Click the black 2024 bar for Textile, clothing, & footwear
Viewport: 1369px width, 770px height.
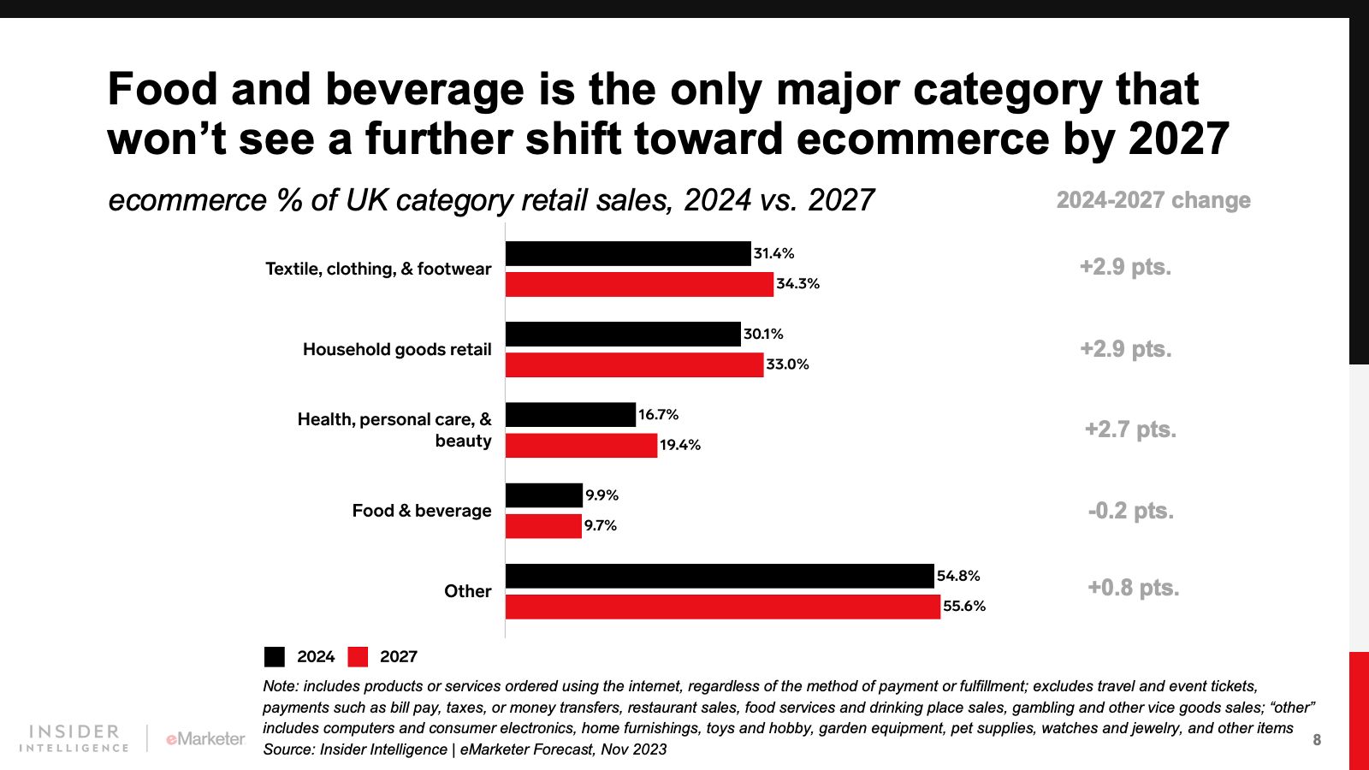pos(627,253)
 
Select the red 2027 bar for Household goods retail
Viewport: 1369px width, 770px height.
pos(634,364)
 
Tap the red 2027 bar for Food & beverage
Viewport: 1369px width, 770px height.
pos(543,525)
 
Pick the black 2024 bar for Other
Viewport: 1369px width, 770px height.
pos(720,576)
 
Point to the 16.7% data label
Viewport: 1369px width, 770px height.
pos(658,415)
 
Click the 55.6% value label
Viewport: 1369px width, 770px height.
pos(964,607)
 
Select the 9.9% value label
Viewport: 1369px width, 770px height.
pos(602,495)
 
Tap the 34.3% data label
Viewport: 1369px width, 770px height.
pos(797,284)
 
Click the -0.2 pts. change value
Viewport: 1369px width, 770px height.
pos(1130,511)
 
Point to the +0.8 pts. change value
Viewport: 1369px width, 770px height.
pos(1133,588)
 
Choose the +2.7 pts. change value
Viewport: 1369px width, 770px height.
pos(1130,429)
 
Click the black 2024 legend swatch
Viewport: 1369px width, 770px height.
pos(275,656)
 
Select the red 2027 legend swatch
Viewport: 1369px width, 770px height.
pos(358,656)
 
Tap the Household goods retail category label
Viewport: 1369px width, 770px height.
pos(397,349)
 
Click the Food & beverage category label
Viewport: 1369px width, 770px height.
pos(422,511)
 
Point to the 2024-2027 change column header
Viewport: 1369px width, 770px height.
pos(1153,200)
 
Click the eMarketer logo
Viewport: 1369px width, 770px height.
pos(205,738)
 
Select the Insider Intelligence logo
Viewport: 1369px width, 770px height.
pos(74,738)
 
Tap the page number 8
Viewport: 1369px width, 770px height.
pos(1317,740)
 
